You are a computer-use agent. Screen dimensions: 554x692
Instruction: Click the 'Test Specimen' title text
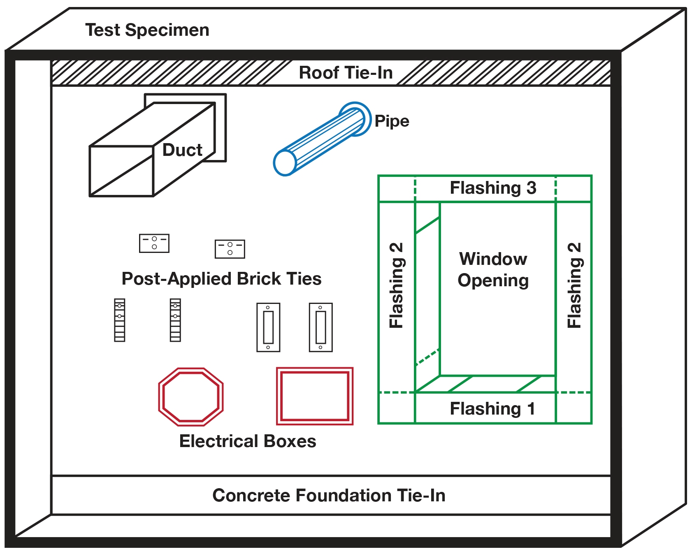pos(147,30)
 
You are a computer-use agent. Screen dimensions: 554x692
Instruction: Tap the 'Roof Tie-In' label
pos(346,73)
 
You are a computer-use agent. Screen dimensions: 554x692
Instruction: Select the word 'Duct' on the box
pos(182,150)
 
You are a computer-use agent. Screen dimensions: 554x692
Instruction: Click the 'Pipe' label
pos(392,121)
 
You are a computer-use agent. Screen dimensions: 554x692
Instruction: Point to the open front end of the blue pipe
pos(285,163)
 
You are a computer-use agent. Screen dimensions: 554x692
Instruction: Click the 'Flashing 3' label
pos(493,188)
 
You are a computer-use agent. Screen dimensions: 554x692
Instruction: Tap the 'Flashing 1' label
pos(492,409)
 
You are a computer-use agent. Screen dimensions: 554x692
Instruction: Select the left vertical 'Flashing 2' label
pos(397,285)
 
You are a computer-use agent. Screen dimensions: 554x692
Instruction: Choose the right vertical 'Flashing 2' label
pos(574,285)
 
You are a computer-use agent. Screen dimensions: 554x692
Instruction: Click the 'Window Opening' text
pos(493,270)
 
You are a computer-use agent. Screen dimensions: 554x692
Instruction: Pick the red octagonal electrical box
pos(191,397)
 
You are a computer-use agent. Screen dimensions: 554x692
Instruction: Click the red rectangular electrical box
pos(315,396)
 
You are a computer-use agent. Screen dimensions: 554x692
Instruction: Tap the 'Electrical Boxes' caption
pos(248,441)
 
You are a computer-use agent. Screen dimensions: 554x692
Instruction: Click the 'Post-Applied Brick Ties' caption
pos(221,279)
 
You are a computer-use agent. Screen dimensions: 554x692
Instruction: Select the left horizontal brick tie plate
pos(154,243)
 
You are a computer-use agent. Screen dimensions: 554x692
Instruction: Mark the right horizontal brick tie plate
pos(230,249)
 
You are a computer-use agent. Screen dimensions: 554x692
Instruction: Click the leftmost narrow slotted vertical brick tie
pos(119,320)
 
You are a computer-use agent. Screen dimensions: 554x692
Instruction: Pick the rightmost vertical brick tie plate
pos(320,327)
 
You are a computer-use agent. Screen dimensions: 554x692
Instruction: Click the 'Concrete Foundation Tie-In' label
pos(329,496)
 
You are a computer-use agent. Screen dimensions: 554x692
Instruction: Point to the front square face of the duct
pos(121,171)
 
